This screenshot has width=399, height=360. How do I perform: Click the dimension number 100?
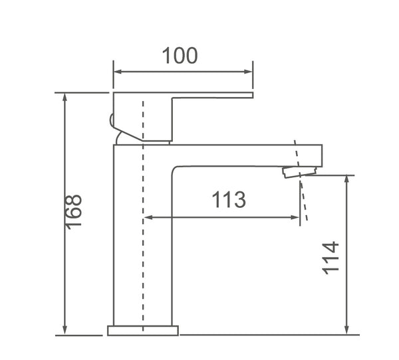(180, 55)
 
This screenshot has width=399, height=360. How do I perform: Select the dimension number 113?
(229, 199)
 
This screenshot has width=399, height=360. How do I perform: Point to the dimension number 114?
(331, 258)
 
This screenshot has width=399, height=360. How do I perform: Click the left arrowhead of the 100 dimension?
(118, 72)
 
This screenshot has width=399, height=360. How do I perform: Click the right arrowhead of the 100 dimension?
(248, 72)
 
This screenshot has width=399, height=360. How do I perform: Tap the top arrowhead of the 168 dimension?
(65, 98)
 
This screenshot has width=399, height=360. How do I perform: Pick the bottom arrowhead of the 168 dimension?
(65, 330)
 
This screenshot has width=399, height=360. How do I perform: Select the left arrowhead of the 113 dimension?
(148, 217)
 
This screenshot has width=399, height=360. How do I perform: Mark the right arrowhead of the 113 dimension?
(295, 217)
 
